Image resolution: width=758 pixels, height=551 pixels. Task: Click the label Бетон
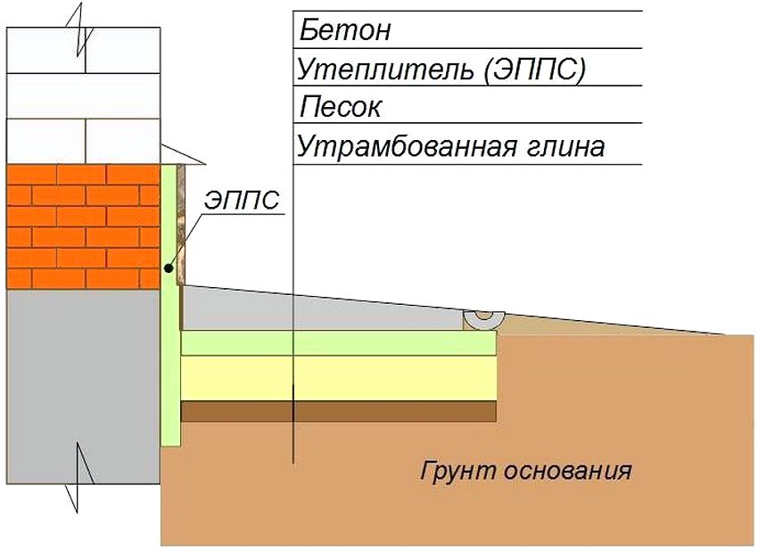[345, 31]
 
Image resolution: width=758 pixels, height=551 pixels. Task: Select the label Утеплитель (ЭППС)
[441, 70]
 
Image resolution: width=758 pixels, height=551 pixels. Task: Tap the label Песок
[341, 108]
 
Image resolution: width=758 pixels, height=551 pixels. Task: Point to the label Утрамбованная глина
[450, 146]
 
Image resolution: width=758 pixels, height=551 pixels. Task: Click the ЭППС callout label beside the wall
[241, 200]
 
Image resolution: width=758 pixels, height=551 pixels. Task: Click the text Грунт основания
[525, 470]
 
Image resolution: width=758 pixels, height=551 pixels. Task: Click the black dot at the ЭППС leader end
[168, 267]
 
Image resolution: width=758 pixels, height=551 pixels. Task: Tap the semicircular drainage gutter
[484, 319]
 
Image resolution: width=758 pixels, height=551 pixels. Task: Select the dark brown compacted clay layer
[339, 411]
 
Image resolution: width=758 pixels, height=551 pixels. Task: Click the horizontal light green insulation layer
[339, 343]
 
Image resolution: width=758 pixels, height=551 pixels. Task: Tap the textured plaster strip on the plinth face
[181, 223]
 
